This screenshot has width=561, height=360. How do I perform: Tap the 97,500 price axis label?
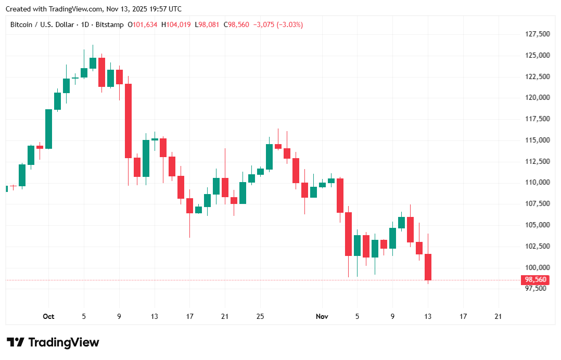pyautogui.click(x=535, y=289)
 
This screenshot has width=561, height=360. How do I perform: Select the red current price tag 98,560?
pyautogui.click(x=535, y=280)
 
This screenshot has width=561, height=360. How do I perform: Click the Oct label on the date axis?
pyautogui.click(x=48, y=316)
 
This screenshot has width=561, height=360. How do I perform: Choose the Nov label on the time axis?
pyautogui.click(x=322, y=316)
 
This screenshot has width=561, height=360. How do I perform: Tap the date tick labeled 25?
pyautogui.click(x=260, y=316)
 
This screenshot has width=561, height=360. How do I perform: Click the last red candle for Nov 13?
pyautogui.click(x=428, y=267)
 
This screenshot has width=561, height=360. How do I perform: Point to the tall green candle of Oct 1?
pyautogui.click(x=48, y=129)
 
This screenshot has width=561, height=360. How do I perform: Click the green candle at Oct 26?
pyautogui.click(x=269, y=157)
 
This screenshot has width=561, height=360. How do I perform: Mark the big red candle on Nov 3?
pyautogui.click(x=340, y=196)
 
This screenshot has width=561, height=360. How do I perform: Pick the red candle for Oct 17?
pyautogui.click(x=190, y=206)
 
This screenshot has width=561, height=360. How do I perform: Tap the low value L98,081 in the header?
pyautogui.click(x=208, y=24)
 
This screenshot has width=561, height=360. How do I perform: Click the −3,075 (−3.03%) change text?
pyautogui.click(x=278, y=24)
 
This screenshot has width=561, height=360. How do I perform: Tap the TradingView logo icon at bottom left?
pyautogui.click(x=16, y=342)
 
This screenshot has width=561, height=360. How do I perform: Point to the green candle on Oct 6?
pyautogui.click(x=93, y=63)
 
